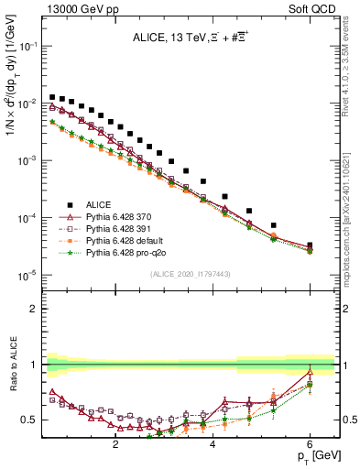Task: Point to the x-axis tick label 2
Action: [x=115, y=446]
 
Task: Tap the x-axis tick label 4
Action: [x=213, y=446]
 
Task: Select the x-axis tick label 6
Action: [x=310, y=446]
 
